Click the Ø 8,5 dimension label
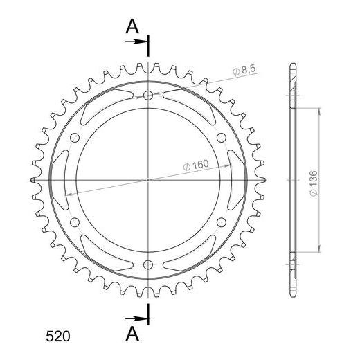point(244,70)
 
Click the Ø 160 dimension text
point(196,165)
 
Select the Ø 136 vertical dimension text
point(314,183)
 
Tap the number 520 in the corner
point(57,336)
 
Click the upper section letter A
point(132,26)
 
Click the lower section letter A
point(132,334)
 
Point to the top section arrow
point(136,42)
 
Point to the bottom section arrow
point(136,318)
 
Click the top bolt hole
point(148,95)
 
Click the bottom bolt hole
point(148,264)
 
